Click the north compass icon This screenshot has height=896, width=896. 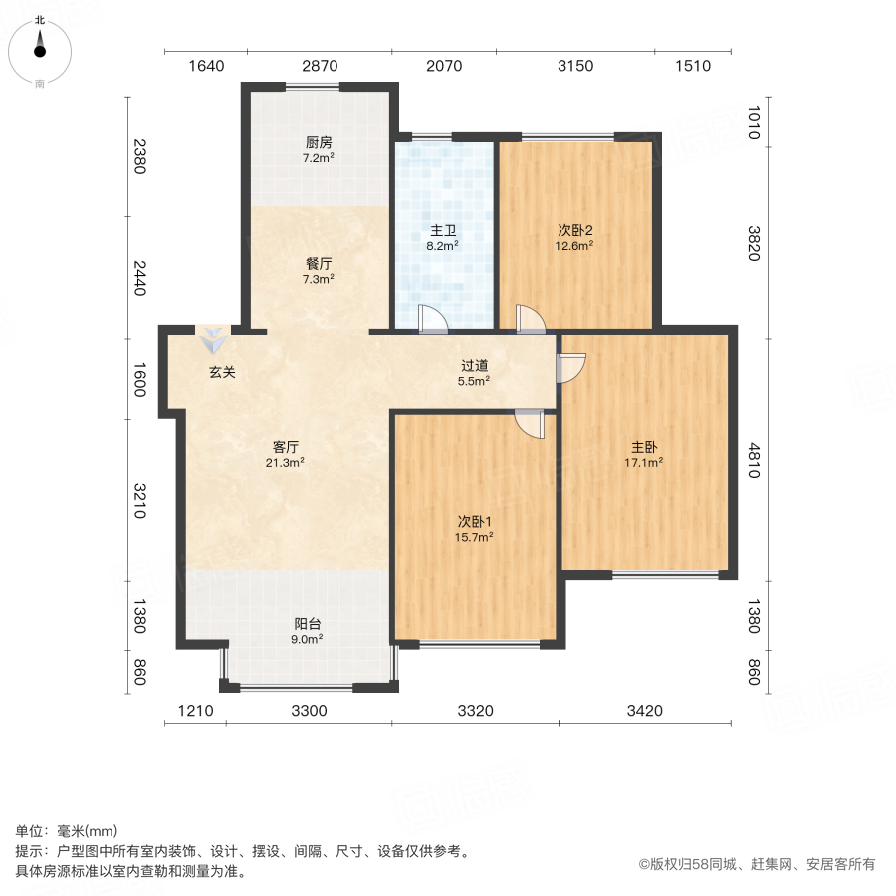coord(40,48)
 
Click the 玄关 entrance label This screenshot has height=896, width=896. coord(222,373)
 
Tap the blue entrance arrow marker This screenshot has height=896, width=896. coord(212,341)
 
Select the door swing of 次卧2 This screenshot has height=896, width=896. coord(530,318)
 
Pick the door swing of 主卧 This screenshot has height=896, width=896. coord(570,368)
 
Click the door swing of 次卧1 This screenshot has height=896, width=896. coord(530,424)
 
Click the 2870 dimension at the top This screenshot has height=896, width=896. coord(321,66)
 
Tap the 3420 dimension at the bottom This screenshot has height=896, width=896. coord(644,711)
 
